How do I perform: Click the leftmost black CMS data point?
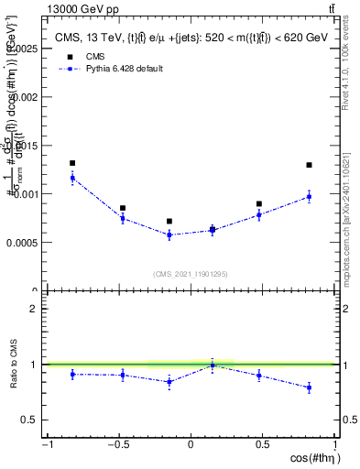pos(72,163)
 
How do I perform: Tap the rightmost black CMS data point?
pos(309,165)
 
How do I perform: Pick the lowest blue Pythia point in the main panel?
pos(169,234)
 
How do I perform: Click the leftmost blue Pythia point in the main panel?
pos(72,178)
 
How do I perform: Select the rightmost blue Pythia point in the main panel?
pos(309,197)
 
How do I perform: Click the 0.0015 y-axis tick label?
pos(22,145)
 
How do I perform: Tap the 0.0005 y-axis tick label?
pos(22,243)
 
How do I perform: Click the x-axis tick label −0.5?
pos(116,445)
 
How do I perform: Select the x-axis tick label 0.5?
pos(263,445)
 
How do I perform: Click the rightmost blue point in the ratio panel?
pos(309,387)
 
